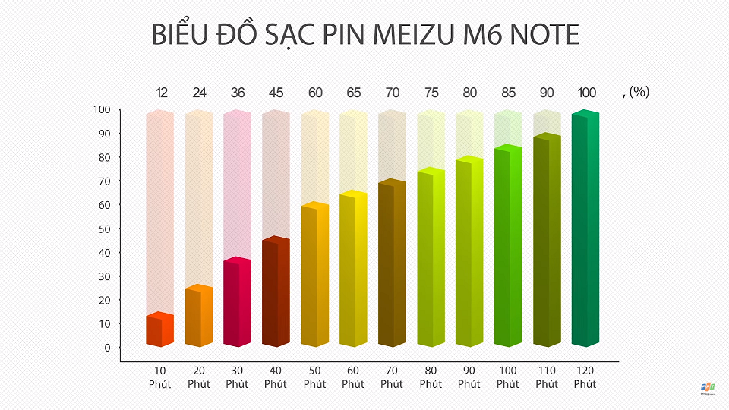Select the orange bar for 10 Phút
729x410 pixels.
click(160, 331)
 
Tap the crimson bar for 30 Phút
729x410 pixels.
click(237, 303)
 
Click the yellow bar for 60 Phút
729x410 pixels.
click(353, 270)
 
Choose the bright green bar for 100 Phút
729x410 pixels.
click(507, 246)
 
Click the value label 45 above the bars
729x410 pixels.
click(276, 93)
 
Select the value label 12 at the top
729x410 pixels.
click(162, 93)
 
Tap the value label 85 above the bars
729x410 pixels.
click(508, 93)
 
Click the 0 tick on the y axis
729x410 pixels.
click(107, 348)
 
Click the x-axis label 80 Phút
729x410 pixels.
click(431, 377)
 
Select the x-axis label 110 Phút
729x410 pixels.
click(547, 377)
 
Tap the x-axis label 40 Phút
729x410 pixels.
click(276, 377)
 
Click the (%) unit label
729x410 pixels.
click(639, 93)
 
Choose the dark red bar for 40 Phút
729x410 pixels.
click(276, 292)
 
